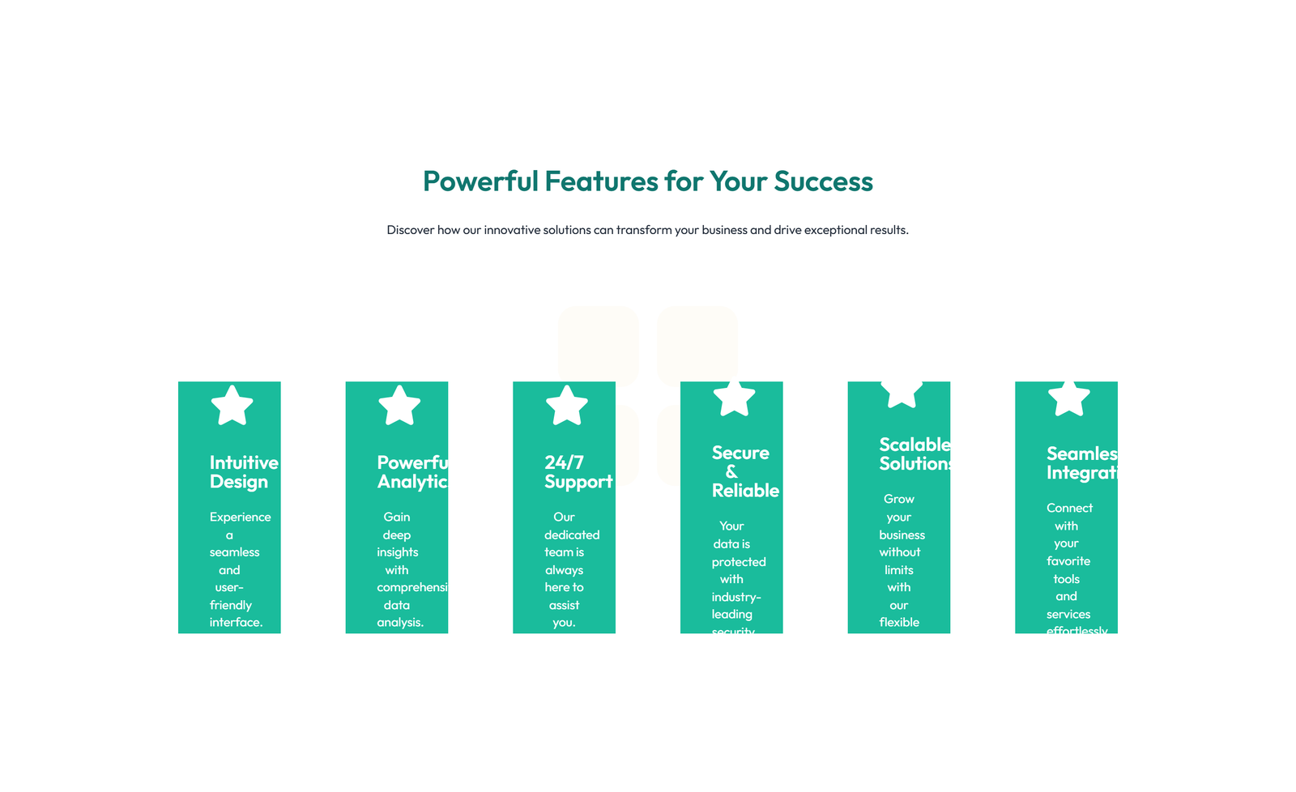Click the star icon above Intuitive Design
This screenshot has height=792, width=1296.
(x=232, y=406)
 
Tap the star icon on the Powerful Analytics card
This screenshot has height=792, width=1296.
(x=399, y=406)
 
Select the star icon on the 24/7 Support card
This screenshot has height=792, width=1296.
(x=566, y=406)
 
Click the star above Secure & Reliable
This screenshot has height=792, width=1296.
(x=734, y=398)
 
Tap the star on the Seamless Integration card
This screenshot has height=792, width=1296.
(x=1068, y=398)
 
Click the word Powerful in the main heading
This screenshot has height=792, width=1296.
(x=480, y=181)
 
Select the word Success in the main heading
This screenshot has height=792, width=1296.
(x=823, y=181)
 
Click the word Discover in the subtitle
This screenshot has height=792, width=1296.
(x=410, y=230)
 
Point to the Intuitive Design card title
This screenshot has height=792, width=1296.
(x=243, y=472)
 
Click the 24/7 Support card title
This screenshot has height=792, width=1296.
(x=578, y=472)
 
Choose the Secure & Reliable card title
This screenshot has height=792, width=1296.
(x=744, y=471)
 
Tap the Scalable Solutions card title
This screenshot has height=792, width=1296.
(x=914, y=454)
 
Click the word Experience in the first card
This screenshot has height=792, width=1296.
(x=240, y=517)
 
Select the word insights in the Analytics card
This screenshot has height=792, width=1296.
(x=397, y=552)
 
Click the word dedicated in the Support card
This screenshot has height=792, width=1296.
(x=572, y=534)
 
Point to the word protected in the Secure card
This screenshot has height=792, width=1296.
(x=739, y=562)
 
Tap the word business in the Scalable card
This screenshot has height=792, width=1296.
(x=902, y=534)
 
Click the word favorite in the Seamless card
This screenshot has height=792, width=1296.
(x=1068, y=561)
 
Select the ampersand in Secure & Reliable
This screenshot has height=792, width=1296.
(x=731, y=471)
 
